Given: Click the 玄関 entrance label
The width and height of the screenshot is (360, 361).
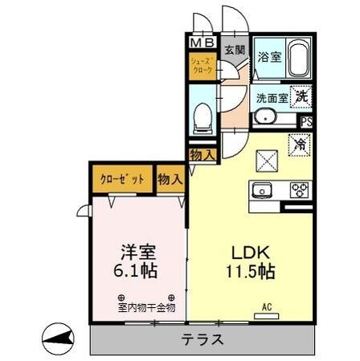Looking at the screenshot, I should coord(235,50).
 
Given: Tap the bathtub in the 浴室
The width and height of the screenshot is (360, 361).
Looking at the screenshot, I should coord(297,57).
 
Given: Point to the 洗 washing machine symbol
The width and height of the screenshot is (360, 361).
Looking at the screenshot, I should coord(300,94).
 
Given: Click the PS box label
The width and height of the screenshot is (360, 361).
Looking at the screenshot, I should coord(305,121).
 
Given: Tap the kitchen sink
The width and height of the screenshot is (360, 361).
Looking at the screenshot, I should coord(264,191).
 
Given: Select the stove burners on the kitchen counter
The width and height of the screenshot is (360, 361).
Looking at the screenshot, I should coord(299,191).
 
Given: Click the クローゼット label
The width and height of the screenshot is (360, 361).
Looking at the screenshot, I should coord(121,178).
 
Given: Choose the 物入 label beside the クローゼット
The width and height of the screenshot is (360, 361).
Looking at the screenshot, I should coord(169,178).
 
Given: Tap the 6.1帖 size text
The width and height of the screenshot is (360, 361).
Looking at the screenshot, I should coord(135,270).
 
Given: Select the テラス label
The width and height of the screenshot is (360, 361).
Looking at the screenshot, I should coord(202,339).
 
